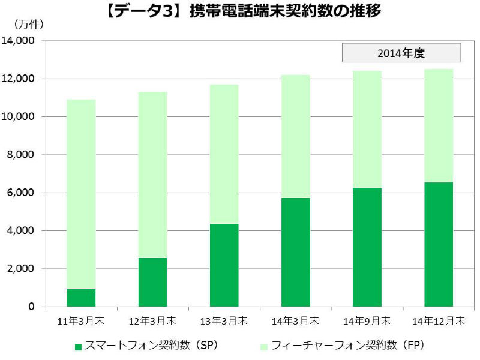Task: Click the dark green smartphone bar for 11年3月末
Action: point(81,298)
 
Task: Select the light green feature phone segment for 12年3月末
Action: point(152,175)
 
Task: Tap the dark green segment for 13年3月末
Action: point(224,265)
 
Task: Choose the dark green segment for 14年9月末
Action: point(367,247)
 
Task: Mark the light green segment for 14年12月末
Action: point(438,125)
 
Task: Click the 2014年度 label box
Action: point(401,53)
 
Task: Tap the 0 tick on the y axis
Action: point(32,307)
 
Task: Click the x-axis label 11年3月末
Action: point(81,321)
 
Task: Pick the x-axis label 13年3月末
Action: point(224,321)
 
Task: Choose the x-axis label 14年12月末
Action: point(438,321)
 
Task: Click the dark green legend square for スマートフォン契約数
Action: point(77,347)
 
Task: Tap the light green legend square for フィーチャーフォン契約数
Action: point(264,347)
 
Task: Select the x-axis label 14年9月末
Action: point(367,321)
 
